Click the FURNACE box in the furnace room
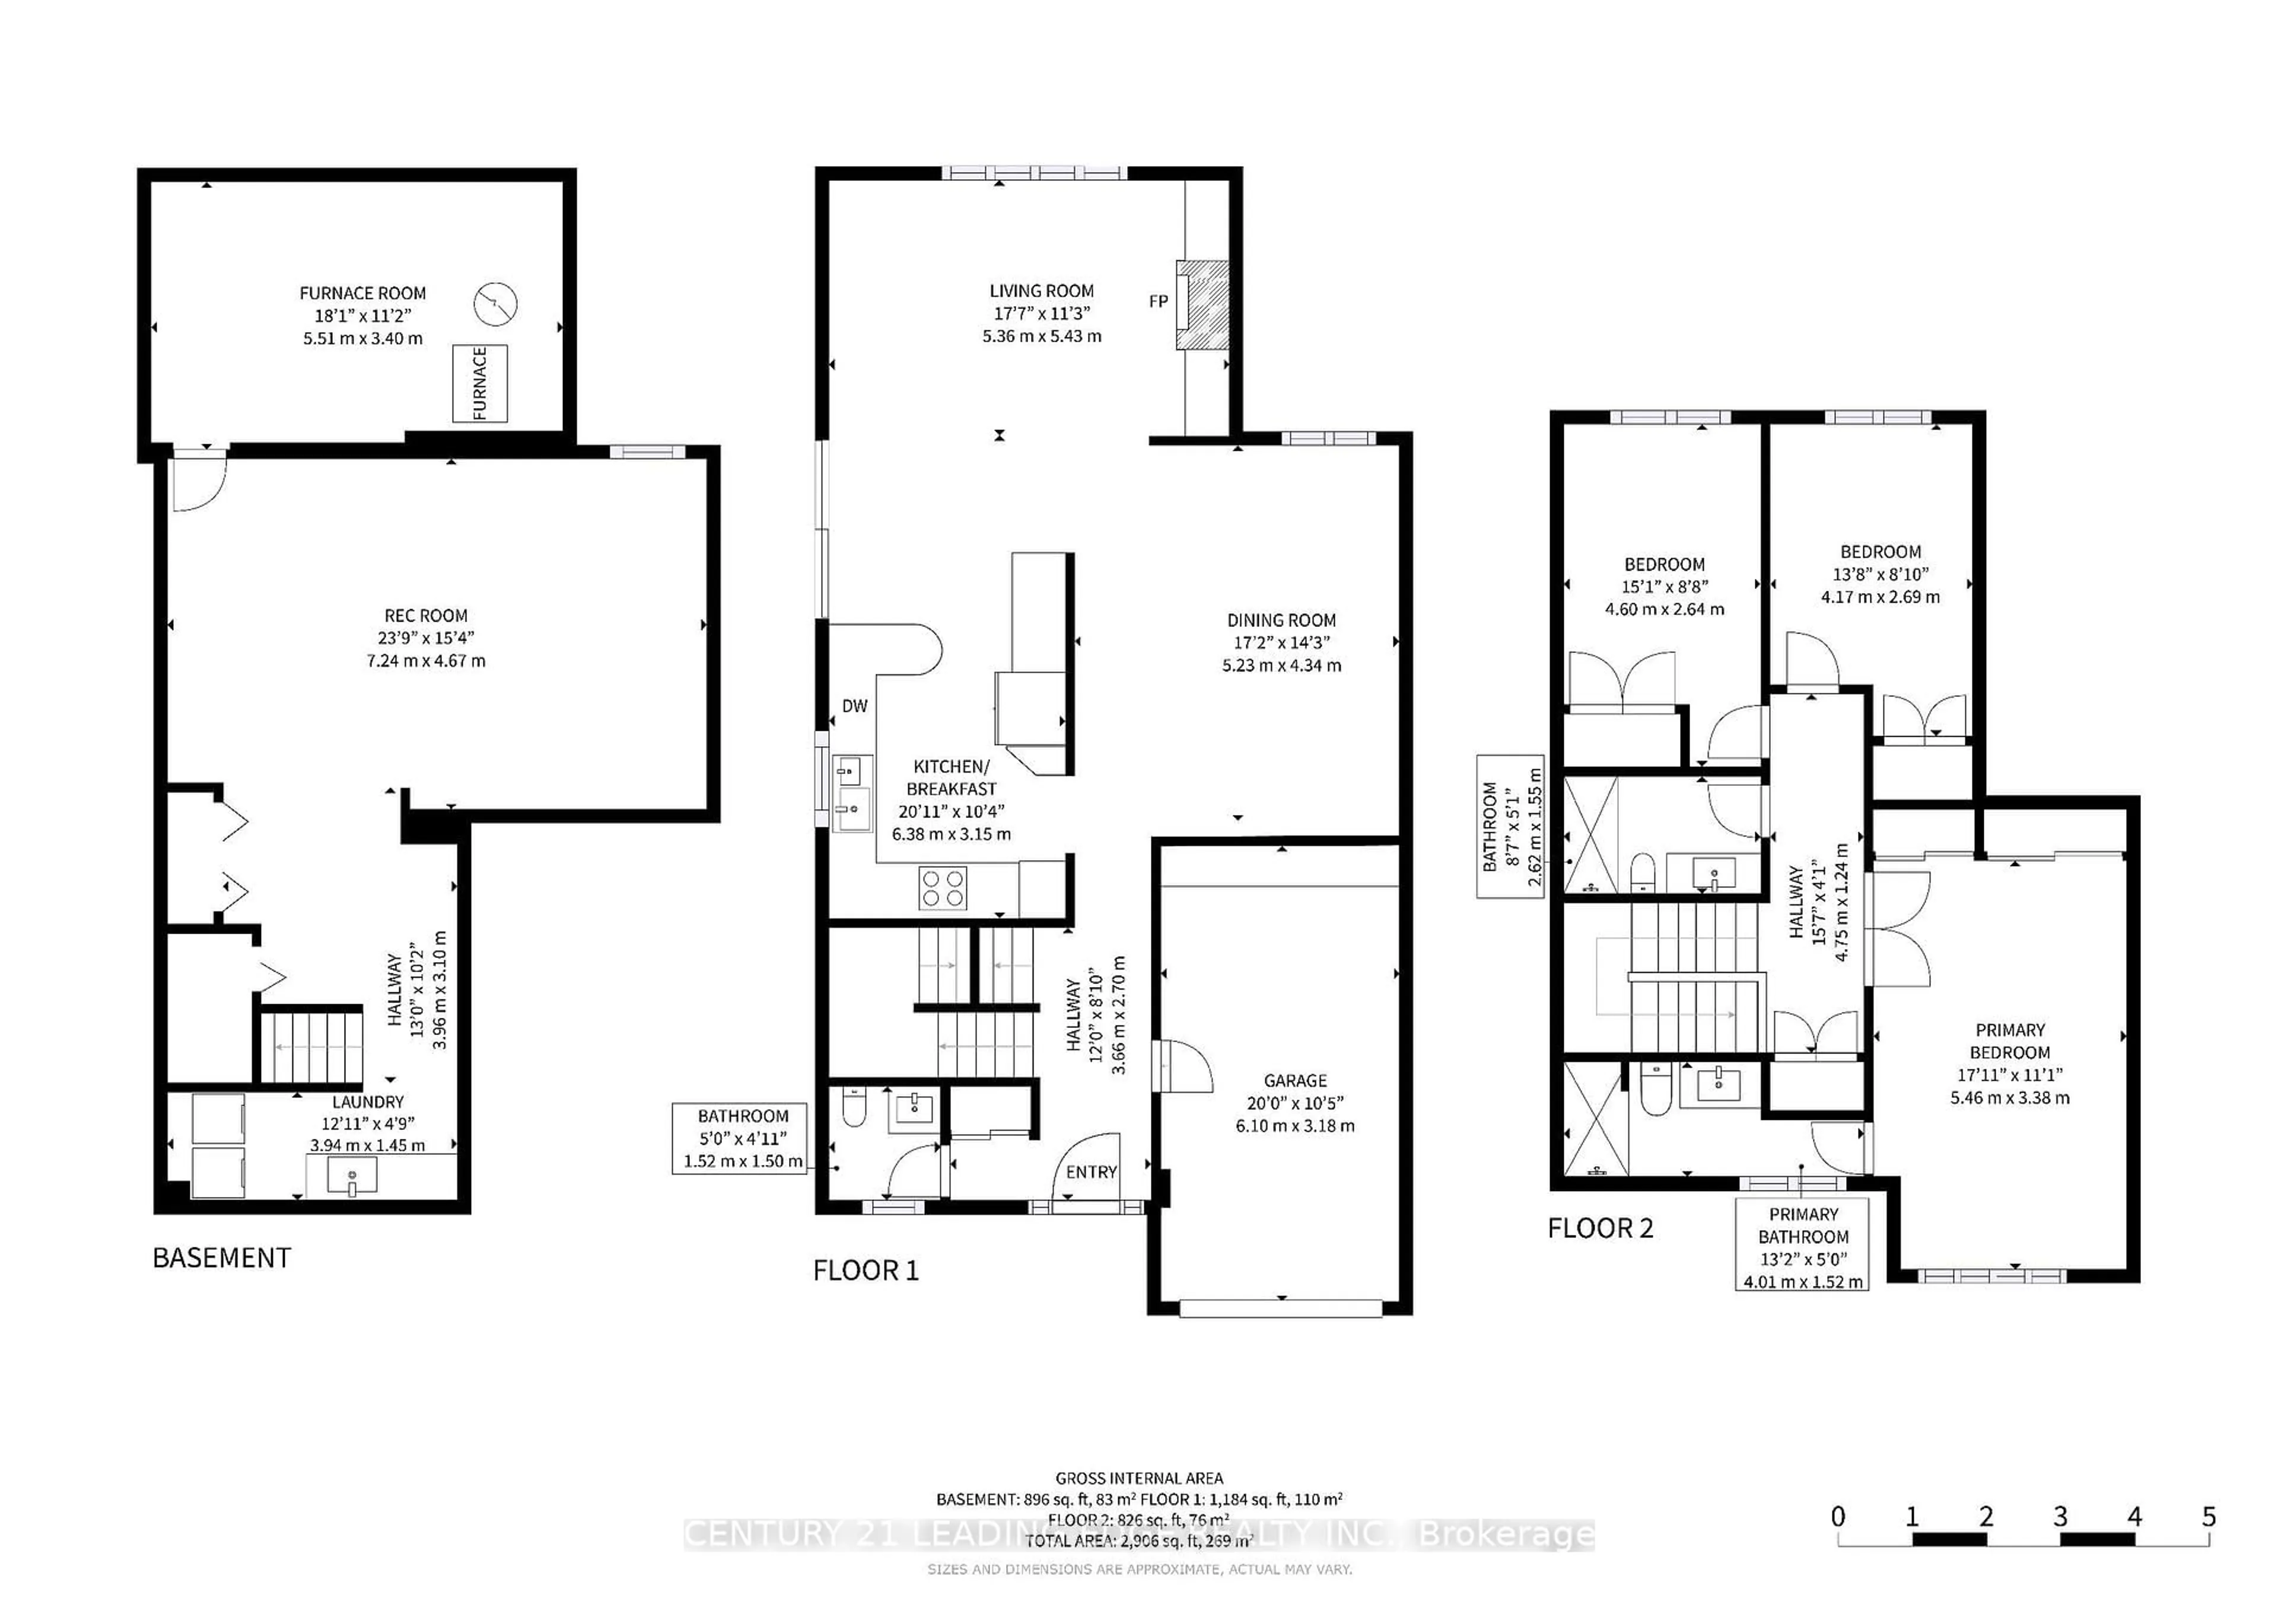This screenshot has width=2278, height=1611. tap(480, 384)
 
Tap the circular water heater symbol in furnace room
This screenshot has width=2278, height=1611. tap(496, 304)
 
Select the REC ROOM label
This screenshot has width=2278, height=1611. tap(425, 616)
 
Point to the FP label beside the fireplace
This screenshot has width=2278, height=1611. tap(1158, 301)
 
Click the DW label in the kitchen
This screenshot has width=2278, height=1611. tap(854, 706)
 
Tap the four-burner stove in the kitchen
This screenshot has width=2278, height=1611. tap(943, 888)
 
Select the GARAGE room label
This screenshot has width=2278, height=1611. tap(1295, 1080)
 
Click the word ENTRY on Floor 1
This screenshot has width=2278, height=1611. tap(1092, 1173)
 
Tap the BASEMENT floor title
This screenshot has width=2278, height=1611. tap(221, 1258)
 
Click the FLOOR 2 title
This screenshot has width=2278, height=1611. tap(1601, 1228)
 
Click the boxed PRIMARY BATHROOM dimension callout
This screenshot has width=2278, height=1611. tap(1803, 1247)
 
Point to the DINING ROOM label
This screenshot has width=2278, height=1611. tap(1281, 620)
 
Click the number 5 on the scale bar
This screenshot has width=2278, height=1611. tap(2209, 1517)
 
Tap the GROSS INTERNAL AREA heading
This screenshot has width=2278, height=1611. tap(1139, 1478)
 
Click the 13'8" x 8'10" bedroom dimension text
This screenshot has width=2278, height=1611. tap(1880, 574)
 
